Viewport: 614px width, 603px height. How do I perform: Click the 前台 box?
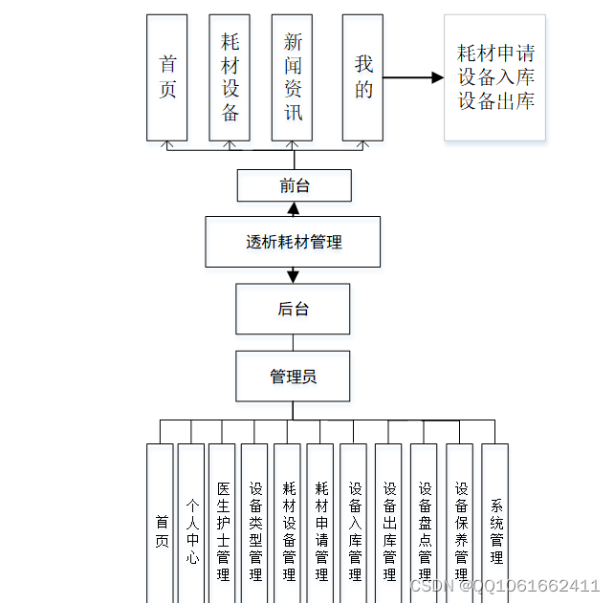click(x=294, y=185)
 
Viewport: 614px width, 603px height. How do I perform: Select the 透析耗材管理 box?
click(x=293, y=242)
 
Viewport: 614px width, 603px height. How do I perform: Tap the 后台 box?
click(x=293, y=310)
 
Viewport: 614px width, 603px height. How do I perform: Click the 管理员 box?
click(x=293, y=376)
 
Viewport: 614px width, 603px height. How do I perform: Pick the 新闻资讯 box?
click(x=293, y=76)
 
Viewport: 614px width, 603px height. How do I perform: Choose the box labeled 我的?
click(x=363, y=76)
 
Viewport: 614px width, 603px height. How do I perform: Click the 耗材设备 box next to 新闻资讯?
click(x=230, y=76)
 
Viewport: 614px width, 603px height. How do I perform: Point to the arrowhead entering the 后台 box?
click(x=293, y=277)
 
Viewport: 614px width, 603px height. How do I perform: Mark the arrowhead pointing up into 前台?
click(x=294, y=208)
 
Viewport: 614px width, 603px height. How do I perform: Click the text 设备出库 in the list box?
click(x=495, y=101)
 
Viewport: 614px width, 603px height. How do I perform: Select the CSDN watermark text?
click(x=504, y=585)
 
